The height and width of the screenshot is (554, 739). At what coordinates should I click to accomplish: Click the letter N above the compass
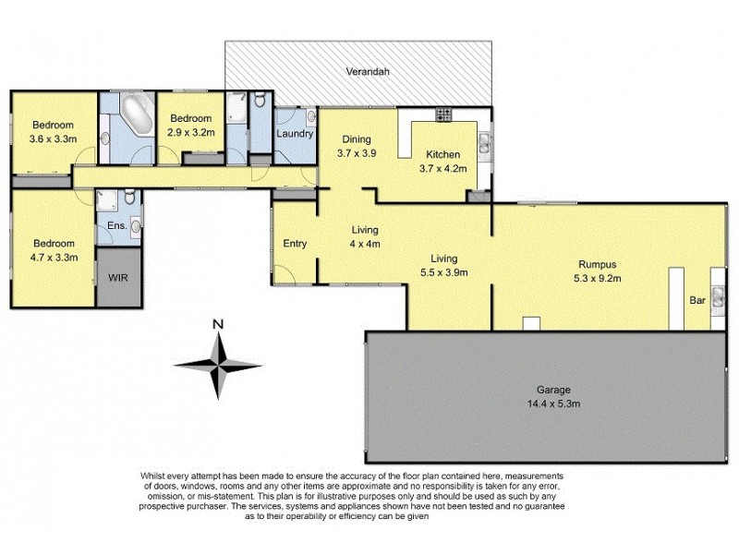[x=218, y=323]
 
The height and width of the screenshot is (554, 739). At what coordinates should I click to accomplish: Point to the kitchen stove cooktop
[x=442, y=115]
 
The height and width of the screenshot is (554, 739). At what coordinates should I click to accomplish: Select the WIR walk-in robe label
[x=118, y=276]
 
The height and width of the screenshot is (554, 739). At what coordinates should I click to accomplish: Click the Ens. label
[x=116, y=224]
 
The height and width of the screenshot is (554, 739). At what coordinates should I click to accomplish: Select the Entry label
[x=295, y=244]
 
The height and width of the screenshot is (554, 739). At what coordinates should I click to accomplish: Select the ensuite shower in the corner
[x=109, y=199]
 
